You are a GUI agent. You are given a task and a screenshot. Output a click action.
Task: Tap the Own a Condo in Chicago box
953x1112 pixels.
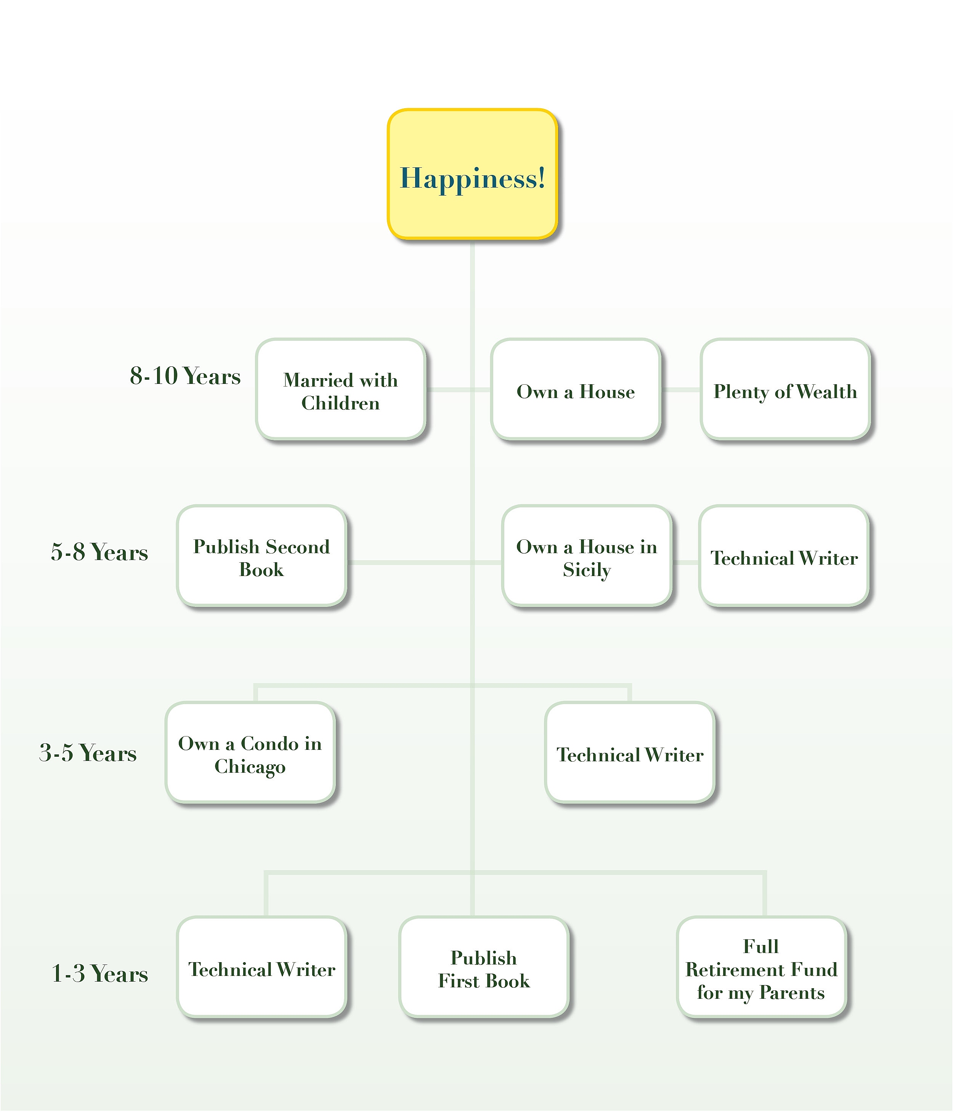[250, 753]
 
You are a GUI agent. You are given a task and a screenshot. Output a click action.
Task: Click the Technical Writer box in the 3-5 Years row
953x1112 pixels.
[629, 753]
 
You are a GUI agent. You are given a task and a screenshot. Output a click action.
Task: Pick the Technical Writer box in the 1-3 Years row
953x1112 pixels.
[262, 968]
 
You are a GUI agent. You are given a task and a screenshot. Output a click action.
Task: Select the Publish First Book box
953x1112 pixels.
[483, 968]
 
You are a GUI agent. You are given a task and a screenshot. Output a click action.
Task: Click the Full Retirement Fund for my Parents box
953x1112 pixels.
[761, 968]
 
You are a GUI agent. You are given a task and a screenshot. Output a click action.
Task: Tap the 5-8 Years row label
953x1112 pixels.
[99, 552]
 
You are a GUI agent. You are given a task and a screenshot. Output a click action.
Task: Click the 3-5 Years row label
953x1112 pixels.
[88, 753]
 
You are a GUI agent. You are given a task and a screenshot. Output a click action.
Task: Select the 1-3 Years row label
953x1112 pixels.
[99, 973]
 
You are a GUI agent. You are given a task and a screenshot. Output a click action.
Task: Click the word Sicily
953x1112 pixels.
[587, 570]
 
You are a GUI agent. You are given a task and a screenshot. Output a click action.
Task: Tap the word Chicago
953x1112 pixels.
[250, 766]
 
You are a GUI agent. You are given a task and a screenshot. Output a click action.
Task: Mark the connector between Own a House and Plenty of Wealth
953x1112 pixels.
[680, 390]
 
